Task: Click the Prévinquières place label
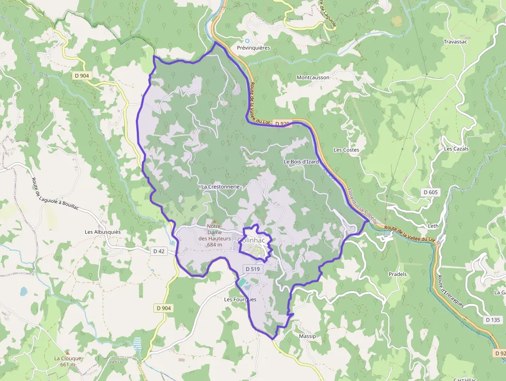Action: pyautogui.click(x=253, y=48)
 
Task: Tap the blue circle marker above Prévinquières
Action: pyautogui.click(x=247, y=40)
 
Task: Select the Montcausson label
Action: pyautogui.click(x=313, y=78)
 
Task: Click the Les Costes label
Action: pyautogui.click(x=346, y=150)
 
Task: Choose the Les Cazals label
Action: pyautogui.click(x=456, y=148)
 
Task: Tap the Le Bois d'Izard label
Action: pyautogui.click(x=301, y=162)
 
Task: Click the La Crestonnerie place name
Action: pyautogui.click(x=220, y=187)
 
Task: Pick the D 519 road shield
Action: pyautogui.click(x=253, y=269)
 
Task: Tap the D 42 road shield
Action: pyautogui.click(x=159, y=251)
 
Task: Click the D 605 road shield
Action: pyautogui.click(x=430, y=192)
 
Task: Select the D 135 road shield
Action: pyautogui.click(x=493, y=320)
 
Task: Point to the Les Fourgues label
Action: pyautogui.click(x=240, y=299)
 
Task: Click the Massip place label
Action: pyautogui.click(x=307, y=336)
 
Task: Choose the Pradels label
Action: pyautogui.click(x=398, y=274)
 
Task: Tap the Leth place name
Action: pyautogui.click(x=433, y=226)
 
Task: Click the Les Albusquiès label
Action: pyautogui.click(x=103, y=232)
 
